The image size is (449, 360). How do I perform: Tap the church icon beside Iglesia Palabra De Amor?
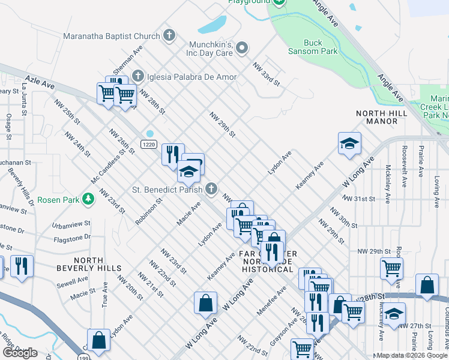(138, 76)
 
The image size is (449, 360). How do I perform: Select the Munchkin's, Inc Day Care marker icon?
(242, 48)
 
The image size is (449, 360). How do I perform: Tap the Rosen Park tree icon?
(89, 199)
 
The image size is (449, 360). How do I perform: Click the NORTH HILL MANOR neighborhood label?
(385, 117)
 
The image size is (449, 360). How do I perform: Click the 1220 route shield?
(149, 145)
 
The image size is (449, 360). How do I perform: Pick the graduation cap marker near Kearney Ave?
(349, 143)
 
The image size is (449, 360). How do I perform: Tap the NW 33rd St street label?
(267, 74)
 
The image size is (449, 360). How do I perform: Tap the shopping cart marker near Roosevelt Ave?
(391, 268)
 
